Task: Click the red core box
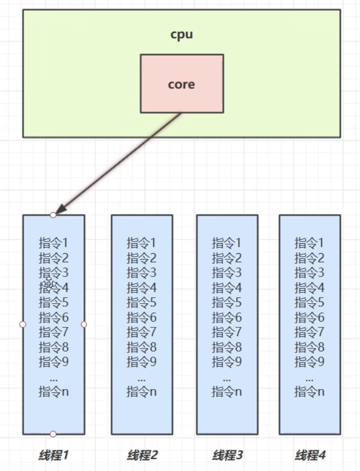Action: (x=182, y=84)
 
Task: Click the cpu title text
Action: (x=182, y=35)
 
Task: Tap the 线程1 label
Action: (x=54, y=455)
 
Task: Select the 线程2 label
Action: (x=142, y=455)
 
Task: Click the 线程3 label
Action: (x=227, y=455)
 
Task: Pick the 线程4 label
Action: (x=310, y=455)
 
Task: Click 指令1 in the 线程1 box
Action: (x=54, y=243)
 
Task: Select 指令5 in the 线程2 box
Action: (x=142, y=303)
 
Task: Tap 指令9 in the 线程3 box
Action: (x=227, y=361)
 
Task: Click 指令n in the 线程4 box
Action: (x=309, y=392)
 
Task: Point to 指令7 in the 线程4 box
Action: (x=309, y=332)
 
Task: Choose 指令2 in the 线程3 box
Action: (x=227, y=258)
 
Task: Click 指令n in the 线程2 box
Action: (x=142, y=392)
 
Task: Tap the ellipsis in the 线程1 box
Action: (x=54, y=379)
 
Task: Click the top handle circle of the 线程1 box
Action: (x=53, y=215)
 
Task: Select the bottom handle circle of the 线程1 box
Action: (x=53, y=434)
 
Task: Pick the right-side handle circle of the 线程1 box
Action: (x=84, y=324)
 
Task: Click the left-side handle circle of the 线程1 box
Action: (x=23, y=324)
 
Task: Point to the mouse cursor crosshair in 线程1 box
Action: (x=49, y=284)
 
